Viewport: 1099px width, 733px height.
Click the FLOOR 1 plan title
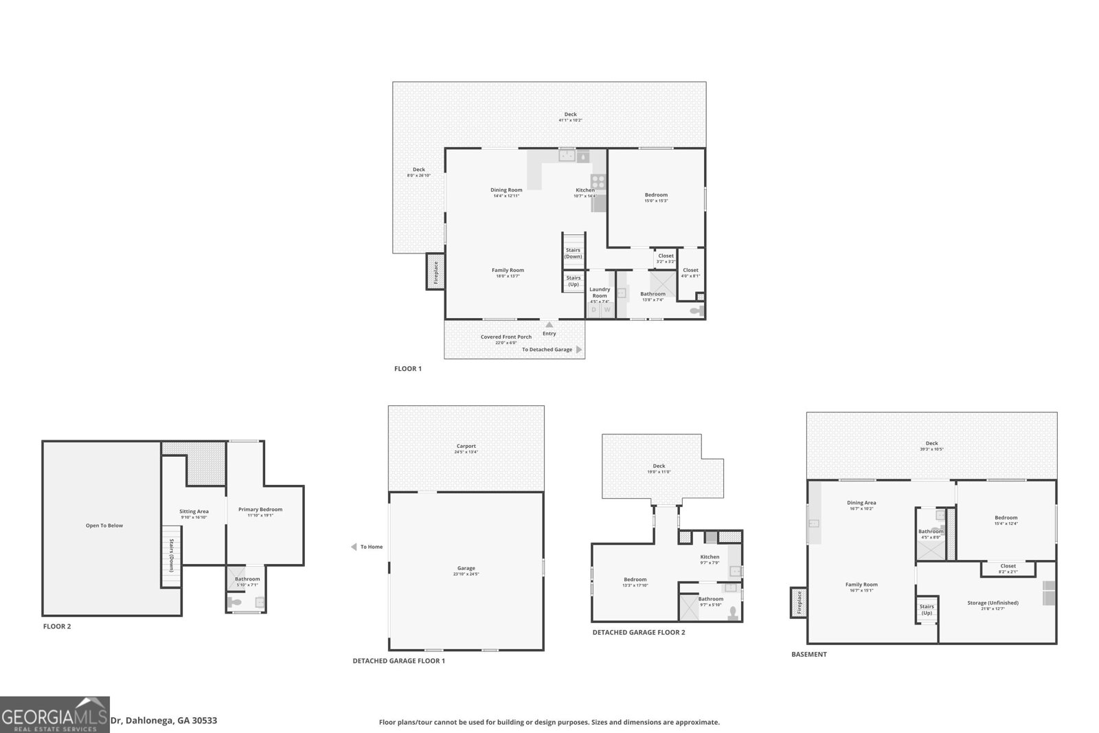[407, 369]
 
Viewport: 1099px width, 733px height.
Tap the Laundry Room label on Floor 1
[600, 293]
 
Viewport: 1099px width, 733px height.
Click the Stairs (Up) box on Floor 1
[573, 281]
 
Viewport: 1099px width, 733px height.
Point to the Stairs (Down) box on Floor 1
[573, 253]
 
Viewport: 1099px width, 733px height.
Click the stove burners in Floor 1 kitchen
[598, 182]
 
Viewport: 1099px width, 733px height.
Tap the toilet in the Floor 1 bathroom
[696, 311]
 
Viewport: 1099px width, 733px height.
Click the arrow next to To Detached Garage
[579, 350]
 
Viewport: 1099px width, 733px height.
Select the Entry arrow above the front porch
[549, 325]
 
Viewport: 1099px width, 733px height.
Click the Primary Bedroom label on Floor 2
[260, 510]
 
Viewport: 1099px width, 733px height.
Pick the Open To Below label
[104, 526]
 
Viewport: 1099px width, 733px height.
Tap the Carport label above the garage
[466, 447]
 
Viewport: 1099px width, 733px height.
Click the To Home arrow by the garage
[354, 547]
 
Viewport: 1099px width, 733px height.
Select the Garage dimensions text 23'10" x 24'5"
[466, 574]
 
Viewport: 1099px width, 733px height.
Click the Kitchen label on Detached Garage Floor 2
[710, 557]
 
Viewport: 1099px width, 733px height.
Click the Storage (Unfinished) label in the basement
[993, 602]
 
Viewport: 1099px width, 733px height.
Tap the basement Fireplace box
[799, 603]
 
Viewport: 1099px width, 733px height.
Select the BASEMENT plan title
[808, 655]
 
